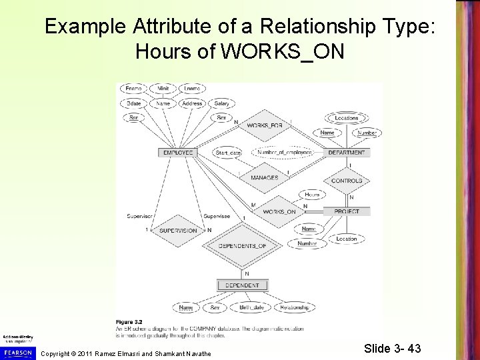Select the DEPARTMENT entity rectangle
tap(347, 153)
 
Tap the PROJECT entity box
tap(347, 211)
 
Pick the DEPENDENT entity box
tap(243, 286)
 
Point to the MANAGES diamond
tap(264, 178)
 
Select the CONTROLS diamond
tap(347, 181)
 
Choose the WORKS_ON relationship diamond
tap(279, 212)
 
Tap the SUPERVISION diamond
tap(178, 231)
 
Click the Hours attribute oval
tap(312, 195)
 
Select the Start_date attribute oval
tap(229, 153)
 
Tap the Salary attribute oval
tap(222, 103)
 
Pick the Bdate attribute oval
tap(133, 103)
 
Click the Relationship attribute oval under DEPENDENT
tap(294, 308)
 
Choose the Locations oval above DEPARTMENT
tap(347, 118)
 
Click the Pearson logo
tap(18, 351)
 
